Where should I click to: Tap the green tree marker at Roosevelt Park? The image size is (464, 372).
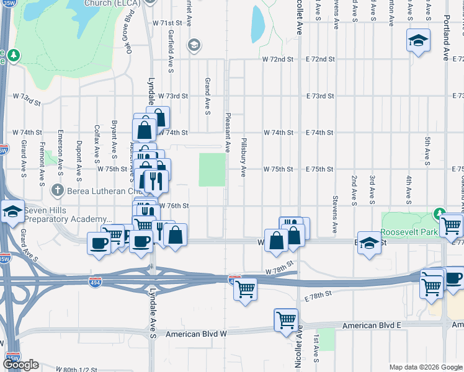(440, 213)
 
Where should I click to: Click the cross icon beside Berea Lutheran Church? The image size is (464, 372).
(57, 190)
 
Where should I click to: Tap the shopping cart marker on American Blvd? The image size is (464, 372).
(286, 320)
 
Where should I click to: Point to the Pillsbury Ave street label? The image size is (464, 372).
(244, 157)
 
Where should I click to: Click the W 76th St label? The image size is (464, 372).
(174, 205)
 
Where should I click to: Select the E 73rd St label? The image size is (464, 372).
(320, 96)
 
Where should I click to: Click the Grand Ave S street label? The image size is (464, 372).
(208, 96)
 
